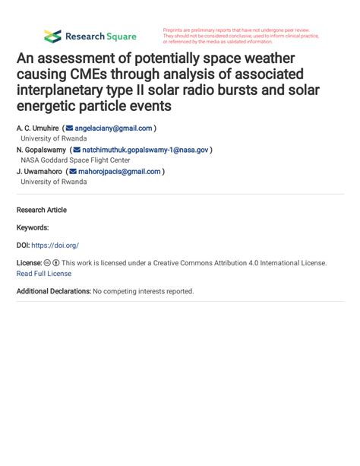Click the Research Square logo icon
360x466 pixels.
tap(52, 36)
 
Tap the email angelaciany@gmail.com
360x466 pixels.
tap(114, 128)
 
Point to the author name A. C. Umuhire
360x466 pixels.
tap(38, 128)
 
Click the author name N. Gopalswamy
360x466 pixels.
tap(41, 150)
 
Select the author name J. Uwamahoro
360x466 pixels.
tap(39, 172)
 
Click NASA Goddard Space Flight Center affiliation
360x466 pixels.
tap(75, 160)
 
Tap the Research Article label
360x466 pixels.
tap(41, 210)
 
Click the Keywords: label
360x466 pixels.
tap(33, 227)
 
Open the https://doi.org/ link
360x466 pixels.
tap(55, 246)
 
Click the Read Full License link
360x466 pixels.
tap(43, 274)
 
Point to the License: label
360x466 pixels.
tap(30, 263)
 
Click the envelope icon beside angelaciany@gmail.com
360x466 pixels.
tap(71, 128)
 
